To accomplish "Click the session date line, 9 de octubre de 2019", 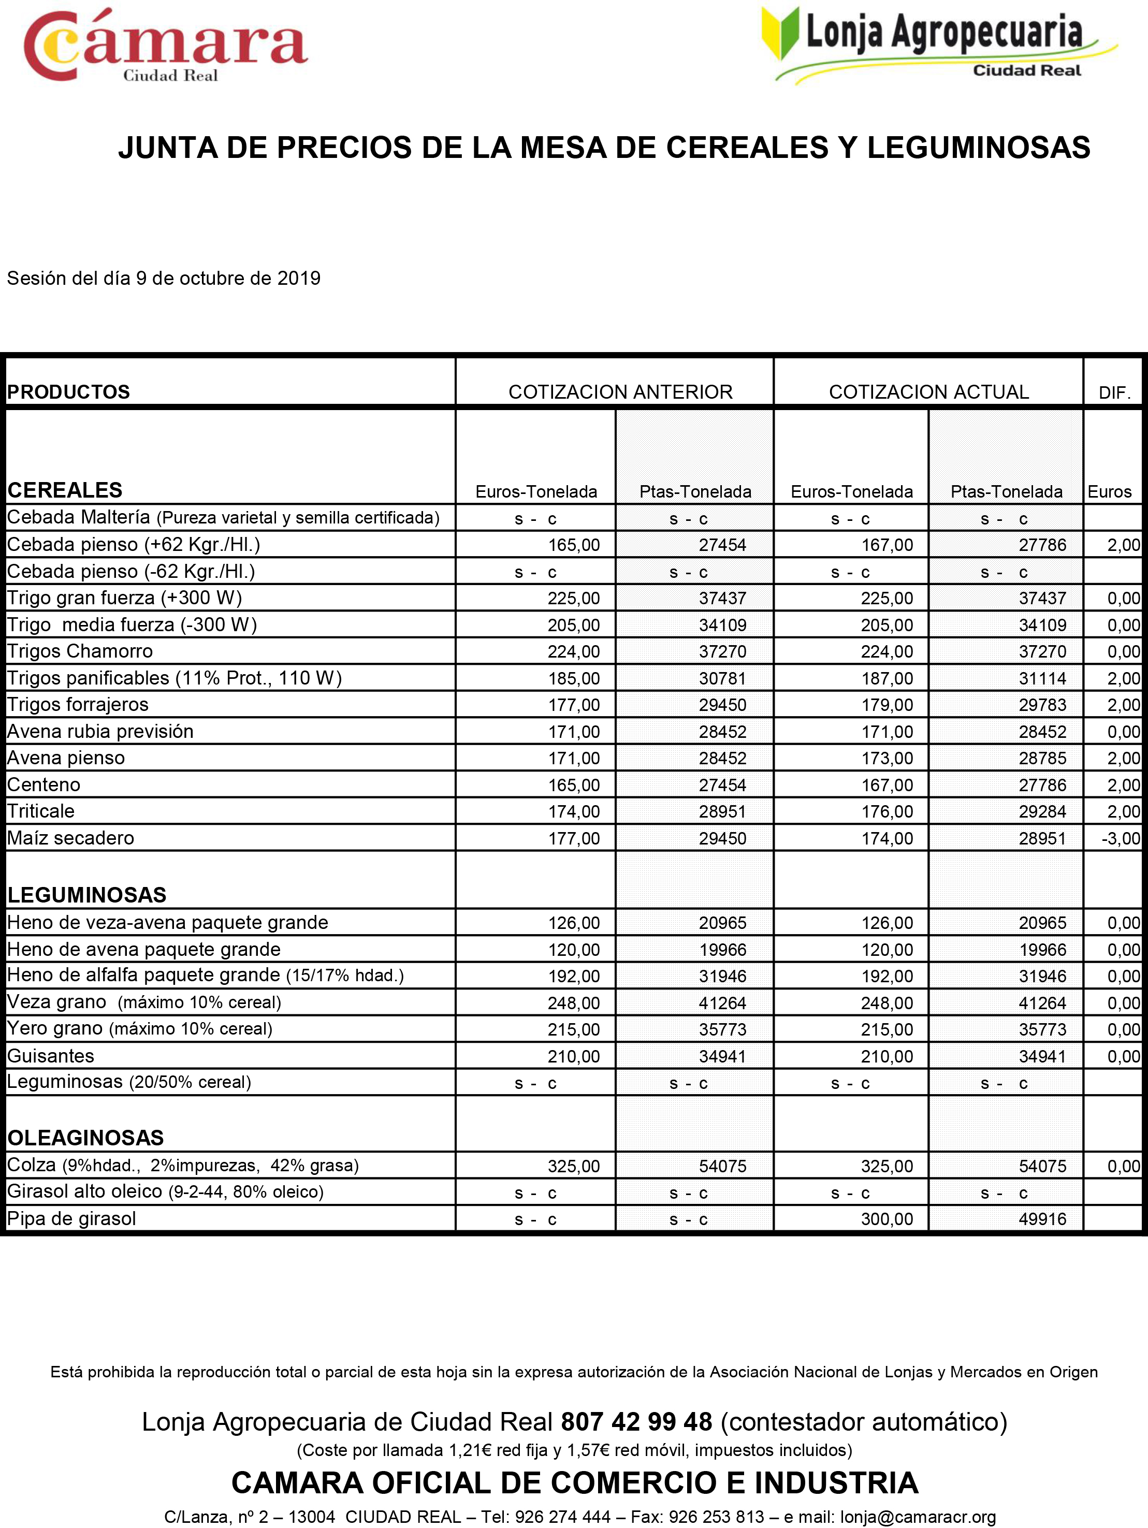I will point(164,279).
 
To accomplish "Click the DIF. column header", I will point(1114,393).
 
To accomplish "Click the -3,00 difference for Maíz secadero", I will point(1121,839).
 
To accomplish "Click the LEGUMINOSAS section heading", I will point(87,895).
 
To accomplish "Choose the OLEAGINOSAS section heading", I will point(85,1138).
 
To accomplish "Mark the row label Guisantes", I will point(50,1056).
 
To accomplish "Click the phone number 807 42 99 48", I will point(636,1422).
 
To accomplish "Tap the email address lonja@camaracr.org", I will point(918,1517).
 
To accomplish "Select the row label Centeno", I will point(43,785).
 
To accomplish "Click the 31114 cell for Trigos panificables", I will point(1042,678).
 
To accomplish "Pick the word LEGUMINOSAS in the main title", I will point(978,148).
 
